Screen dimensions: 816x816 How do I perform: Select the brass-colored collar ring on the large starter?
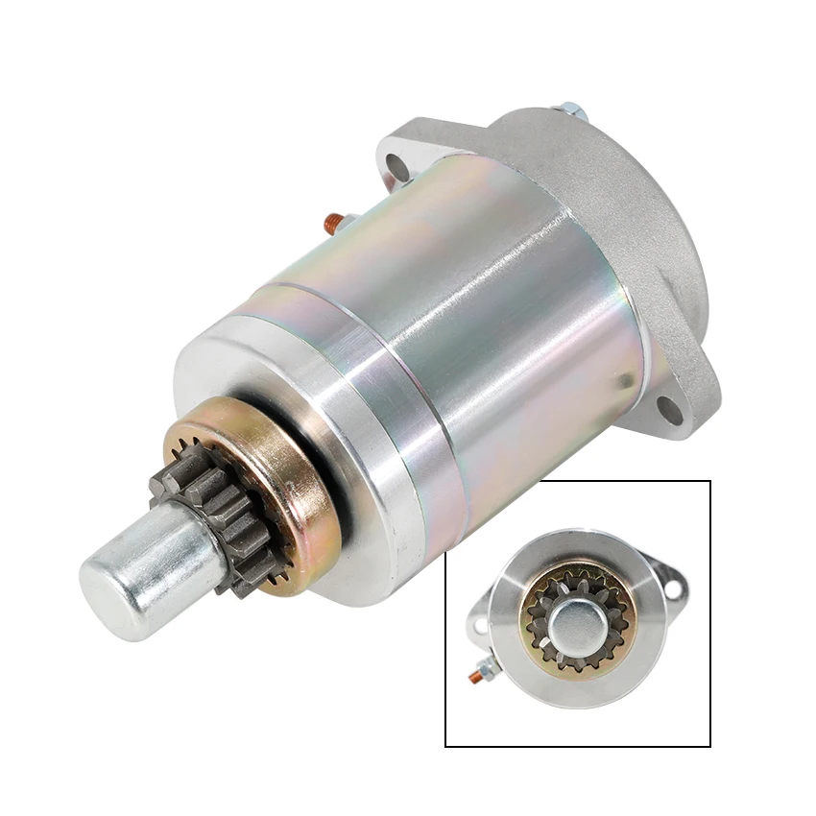point(288,499)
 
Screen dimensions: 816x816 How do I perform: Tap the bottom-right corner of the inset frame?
point(709,746)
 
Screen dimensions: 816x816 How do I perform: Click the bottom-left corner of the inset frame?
point(446,746)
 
